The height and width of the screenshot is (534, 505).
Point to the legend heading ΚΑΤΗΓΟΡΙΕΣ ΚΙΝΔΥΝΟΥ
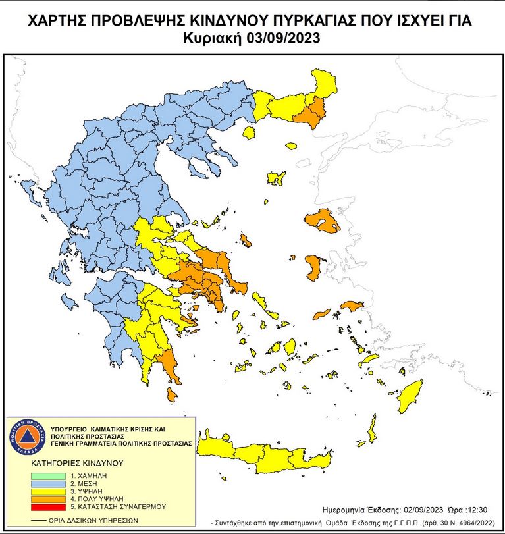click(76, 463)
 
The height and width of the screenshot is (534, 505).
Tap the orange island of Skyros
click(245, 241)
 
